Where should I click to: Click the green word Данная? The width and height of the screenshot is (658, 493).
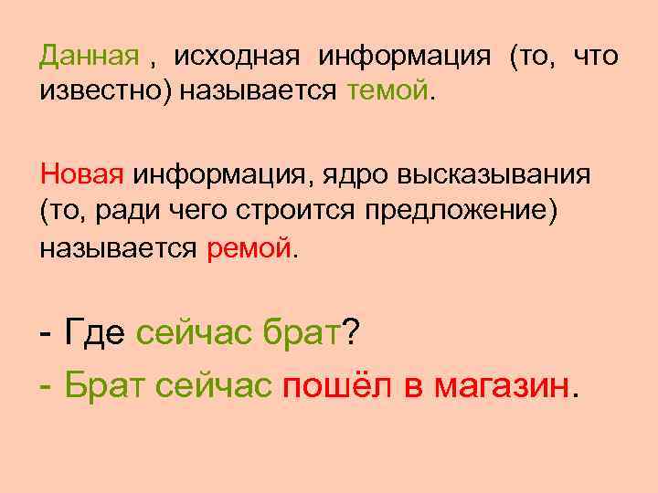click(87, 58)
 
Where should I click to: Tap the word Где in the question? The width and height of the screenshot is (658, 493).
click(95, 334)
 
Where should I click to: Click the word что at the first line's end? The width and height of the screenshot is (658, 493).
click(595, 58)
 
